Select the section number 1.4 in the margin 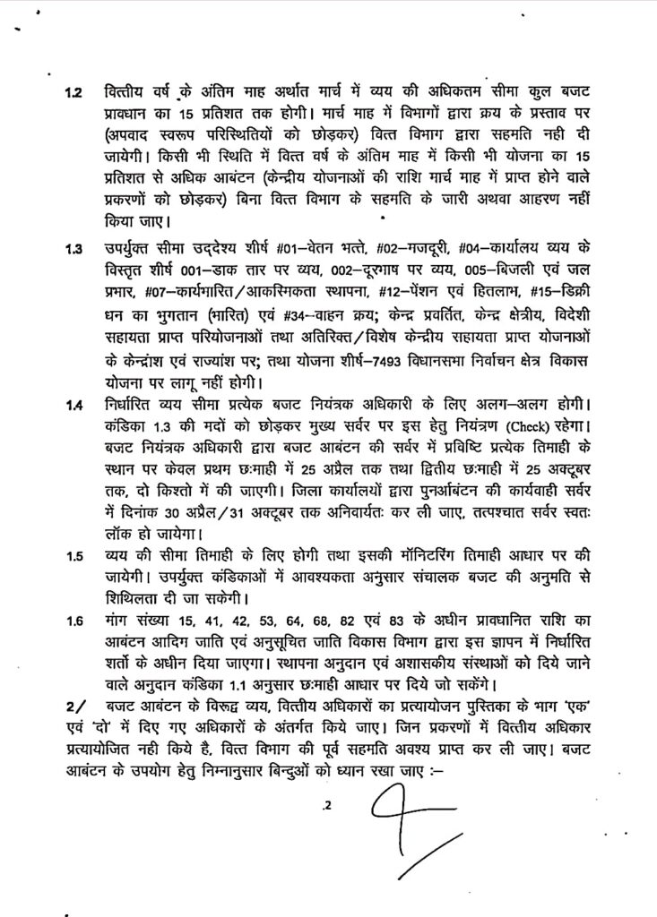click(x=73, y=407)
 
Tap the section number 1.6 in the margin click(x=73, y=621)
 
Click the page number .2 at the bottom click(x=329, y=807)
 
